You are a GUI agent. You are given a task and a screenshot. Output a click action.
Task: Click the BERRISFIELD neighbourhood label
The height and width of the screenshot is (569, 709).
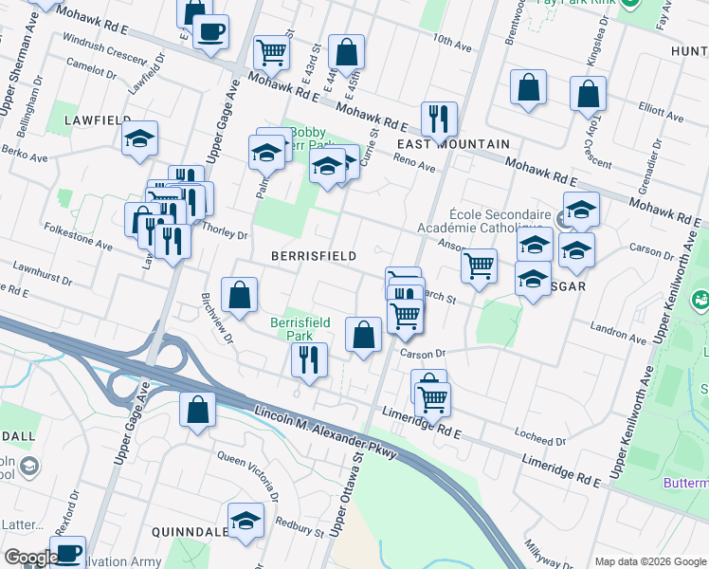[x=313, y=256]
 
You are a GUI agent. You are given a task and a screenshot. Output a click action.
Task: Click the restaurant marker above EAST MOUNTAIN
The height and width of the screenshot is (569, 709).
[x=439, y=119]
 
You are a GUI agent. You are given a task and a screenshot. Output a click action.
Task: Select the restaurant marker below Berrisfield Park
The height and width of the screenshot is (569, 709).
[x=310, y=358]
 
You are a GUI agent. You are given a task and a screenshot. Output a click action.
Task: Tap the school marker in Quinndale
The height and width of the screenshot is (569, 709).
[x=246, y=520]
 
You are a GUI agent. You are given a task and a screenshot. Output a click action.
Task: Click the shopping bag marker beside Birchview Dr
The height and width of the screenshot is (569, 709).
[x=239, y=295]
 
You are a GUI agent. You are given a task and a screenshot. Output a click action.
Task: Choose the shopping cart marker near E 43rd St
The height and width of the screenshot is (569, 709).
[x=271, y=53]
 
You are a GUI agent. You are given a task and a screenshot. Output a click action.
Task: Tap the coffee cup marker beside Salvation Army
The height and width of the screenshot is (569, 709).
[x=67, y=553]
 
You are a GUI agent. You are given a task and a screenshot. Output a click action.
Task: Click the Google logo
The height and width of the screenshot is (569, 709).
[x=32, y=558]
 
